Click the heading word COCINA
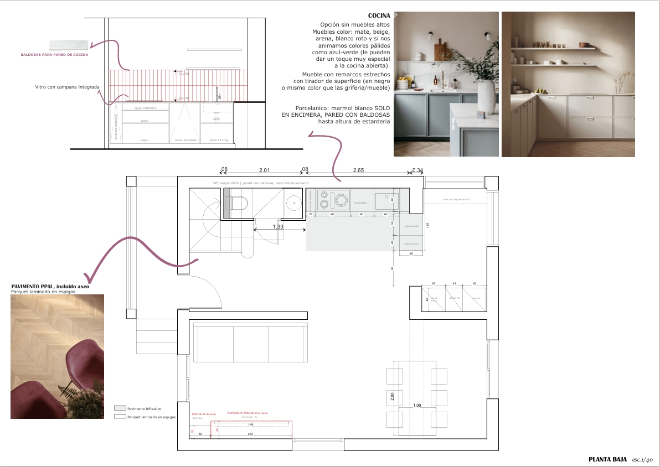point(379,15)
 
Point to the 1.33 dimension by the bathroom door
point(278,226)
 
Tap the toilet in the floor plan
point(237,204)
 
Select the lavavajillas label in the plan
point(361,203)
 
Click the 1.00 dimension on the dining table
point(417,406)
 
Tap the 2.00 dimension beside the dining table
point(392,396)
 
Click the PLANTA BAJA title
point(607,459)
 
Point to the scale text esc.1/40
point(643,459)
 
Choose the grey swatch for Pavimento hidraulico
point(120,408)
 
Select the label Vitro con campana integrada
point(67,87)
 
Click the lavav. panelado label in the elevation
point(185,140)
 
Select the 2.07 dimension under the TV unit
point(250,434)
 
